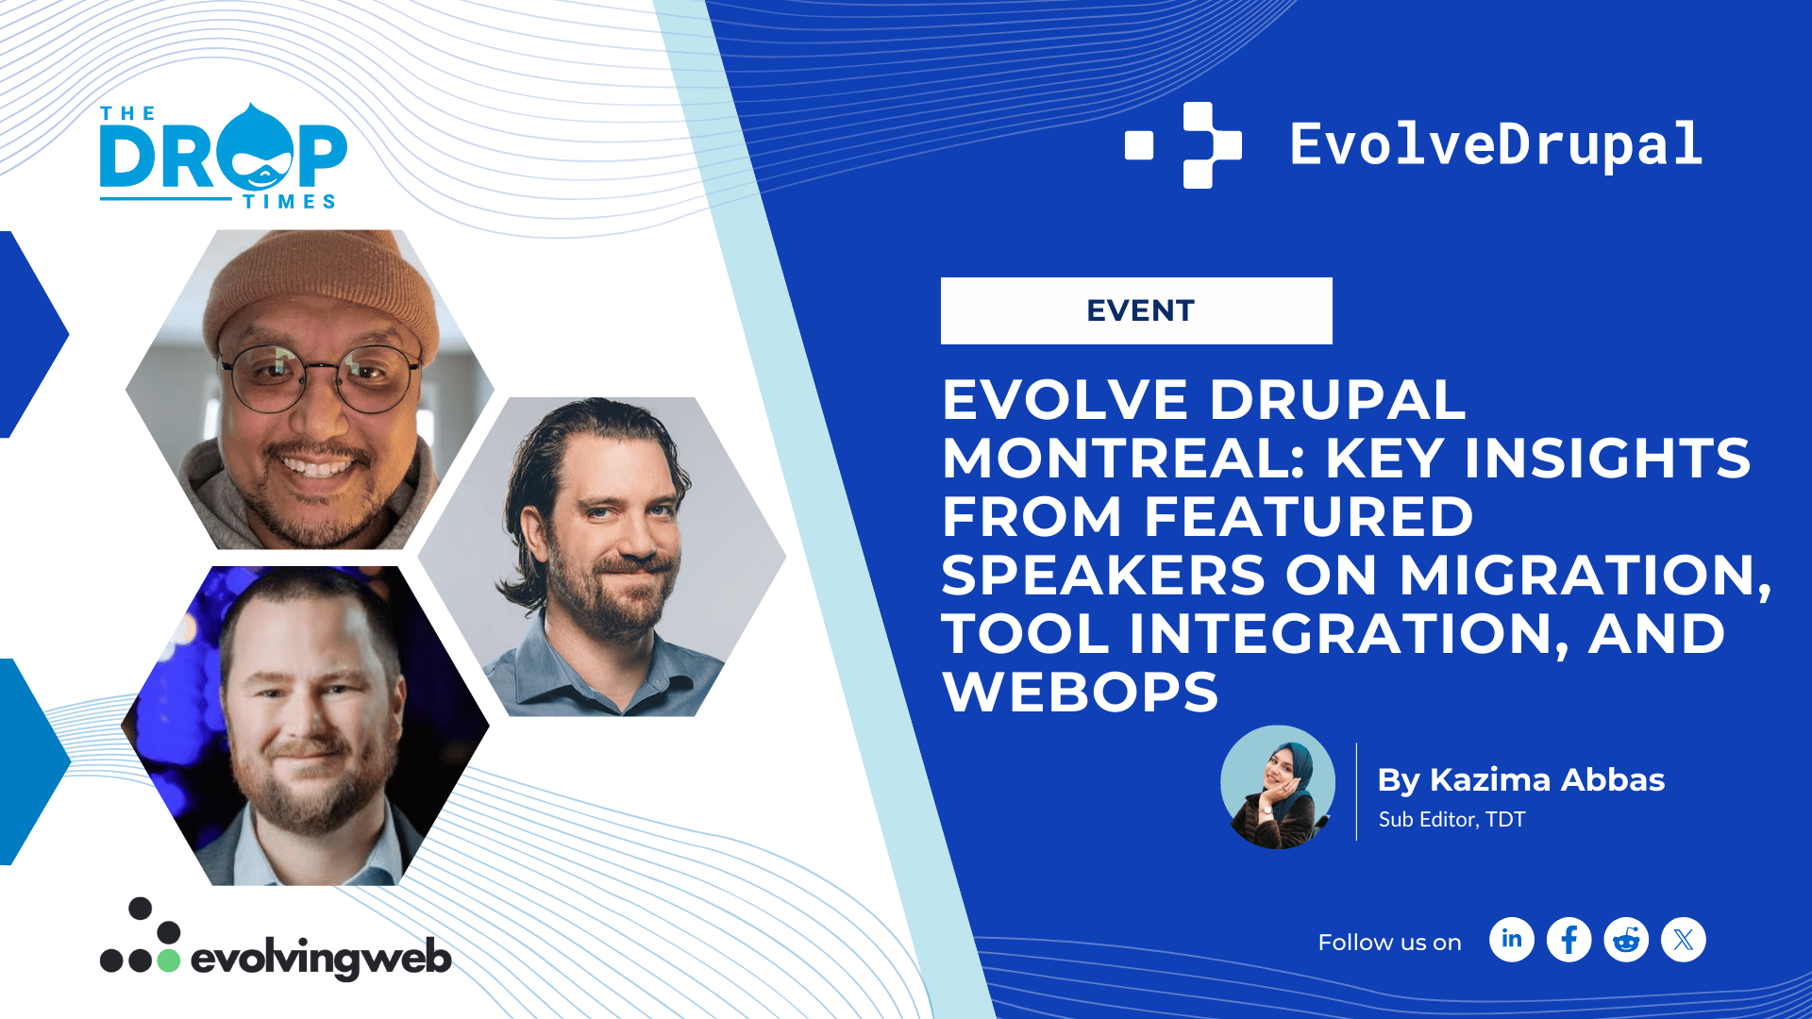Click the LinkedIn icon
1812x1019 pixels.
click(x=1512, y=940)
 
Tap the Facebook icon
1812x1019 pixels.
click(x=1569, y=940)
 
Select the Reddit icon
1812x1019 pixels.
click(x=1626, y=940)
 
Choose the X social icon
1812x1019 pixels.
click(x=1684, y=940)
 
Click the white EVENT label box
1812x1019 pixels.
click(x=1136, y=310)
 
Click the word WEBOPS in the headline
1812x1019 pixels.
click(x=1081, y=692)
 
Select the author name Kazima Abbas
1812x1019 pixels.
click(x=1547, y=779)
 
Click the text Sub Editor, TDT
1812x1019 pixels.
click(x=1451, y=819)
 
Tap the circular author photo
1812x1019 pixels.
click(x=1278, y=787)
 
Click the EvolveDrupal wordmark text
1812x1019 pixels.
click(x=1496, y=145)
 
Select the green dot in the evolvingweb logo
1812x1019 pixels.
click(x=168, y=961)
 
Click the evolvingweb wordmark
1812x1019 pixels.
click(x=321, y=959)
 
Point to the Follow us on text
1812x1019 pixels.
click(x=1389, y=942)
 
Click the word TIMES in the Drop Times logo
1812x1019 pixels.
click(x=289, y=201)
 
